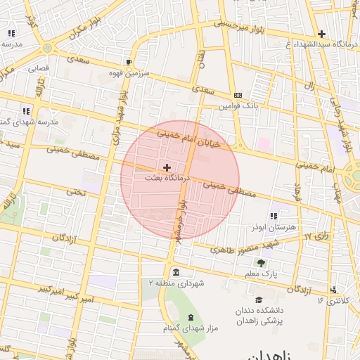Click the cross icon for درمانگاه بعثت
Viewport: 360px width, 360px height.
coord(167,167)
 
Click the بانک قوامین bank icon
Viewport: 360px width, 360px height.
coord(238,96)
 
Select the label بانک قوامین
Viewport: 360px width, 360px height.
coord(238,106)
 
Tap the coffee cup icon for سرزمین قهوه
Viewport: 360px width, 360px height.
coord(128,62)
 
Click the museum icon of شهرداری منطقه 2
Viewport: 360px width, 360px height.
coord(174,272)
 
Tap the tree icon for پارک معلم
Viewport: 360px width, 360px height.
coord(262,262)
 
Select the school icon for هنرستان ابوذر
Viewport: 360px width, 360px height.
coord(274,216)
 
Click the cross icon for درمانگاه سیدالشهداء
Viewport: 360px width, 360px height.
coord(321,34)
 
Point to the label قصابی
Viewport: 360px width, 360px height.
coord(37,69)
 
